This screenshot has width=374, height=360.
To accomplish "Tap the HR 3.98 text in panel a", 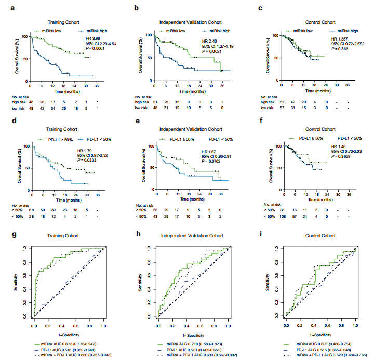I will click(x=94, y=38).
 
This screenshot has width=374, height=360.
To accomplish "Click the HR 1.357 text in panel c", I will click(x=340, y=38).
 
